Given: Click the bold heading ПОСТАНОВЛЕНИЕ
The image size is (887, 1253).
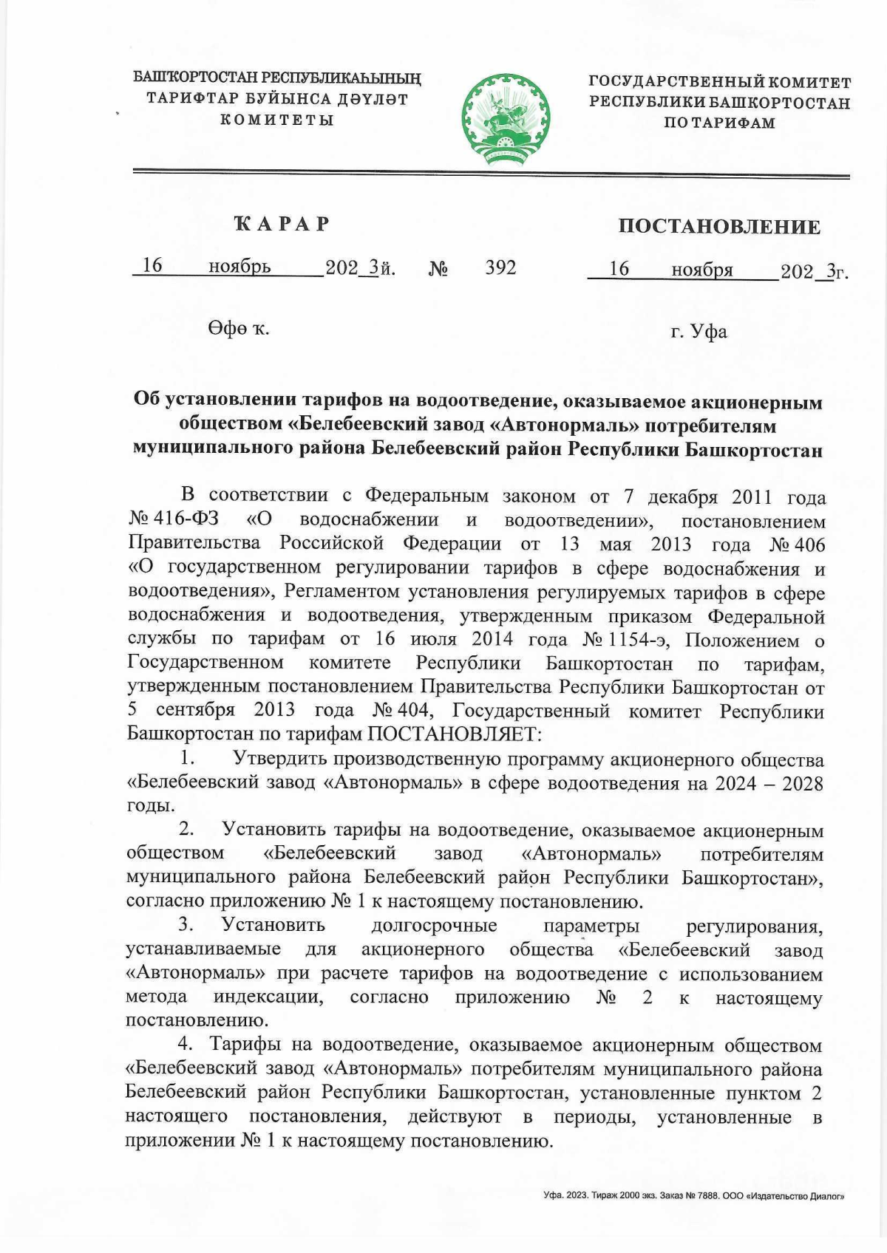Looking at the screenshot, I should point(719,226).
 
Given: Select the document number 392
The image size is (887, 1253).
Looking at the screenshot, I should point(500,267).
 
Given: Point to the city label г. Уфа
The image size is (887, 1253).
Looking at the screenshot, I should point(699,332).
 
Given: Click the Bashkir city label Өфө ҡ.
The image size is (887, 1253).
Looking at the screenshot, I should point(238,329).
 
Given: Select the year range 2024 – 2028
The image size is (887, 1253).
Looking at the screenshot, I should point(769,783).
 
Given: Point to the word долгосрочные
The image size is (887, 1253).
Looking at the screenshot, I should point(434,926).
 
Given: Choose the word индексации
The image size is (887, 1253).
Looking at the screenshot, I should point(269,997).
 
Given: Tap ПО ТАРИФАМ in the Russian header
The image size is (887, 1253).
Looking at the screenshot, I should point(719,123).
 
